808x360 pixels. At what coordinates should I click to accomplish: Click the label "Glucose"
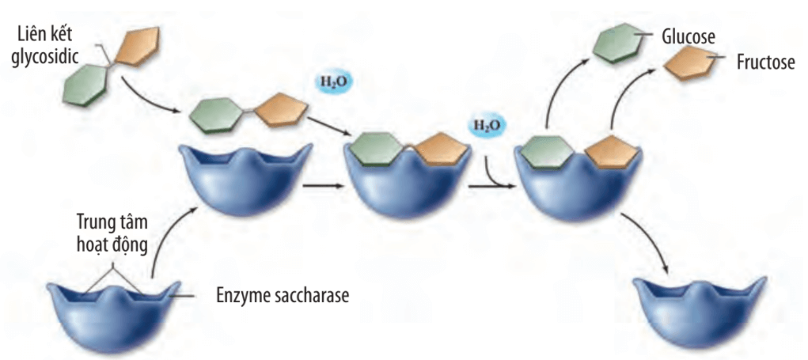coord(687,36)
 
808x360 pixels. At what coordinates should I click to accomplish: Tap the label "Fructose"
coord(765,62)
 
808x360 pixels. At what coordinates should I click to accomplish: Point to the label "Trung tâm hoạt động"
coord(112,233)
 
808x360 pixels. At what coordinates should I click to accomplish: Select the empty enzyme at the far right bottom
coord(701,312)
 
